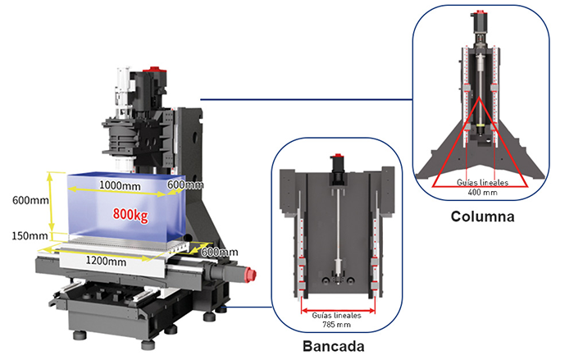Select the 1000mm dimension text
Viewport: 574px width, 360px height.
(x=120, y=185)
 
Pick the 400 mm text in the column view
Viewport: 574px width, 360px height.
(x=481, y=193)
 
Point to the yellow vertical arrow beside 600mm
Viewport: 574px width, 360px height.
(x=52, y=200)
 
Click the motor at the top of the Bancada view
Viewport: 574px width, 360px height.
(x=337, y=169)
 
